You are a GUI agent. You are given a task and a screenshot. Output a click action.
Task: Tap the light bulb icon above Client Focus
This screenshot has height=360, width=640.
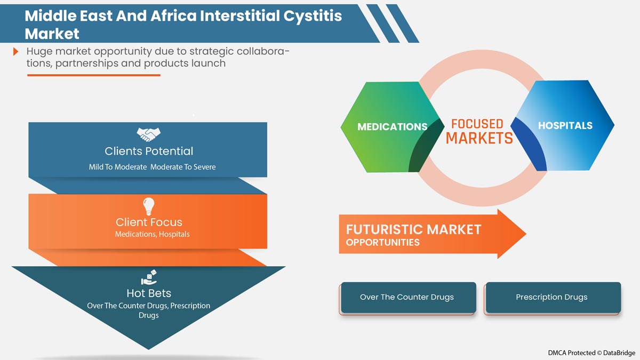[149, 205]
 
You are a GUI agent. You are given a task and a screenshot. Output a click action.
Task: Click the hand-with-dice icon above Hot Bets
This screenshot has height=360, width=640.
[148, 277]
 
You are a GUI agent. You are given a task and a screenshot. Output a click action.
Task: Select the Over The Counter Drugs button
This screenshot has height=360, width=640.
[407, 297]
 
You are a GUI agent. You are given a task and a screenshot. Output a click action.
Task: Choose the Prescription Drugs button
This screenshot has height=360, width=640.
[552, 297]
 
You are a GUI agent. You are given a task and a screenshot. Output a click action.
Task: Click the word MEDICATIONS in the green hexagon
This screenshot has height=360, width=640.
[392, 127]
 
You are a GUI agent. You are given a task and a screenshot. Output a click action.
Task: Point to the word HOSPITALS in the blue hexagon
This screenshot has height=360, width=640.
[565, 126]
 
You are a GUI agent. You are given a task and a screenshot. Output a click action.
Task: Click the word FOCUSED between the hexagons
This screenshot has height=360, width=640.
[477, 124]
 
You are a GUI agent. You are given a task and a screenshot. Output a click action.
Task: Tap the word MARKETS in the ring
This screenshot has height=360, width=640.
[479, 139]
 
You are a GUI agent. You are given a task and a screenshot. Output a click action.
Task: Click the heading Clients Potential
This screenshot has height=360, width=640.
[149, 151]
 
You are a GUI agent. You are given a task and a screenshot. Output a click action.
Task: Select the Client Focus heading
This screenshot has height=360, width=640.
[149, 222]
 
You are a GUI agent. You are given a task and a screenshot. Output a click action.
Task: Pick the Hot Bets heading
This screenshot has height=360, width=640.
[149, 293]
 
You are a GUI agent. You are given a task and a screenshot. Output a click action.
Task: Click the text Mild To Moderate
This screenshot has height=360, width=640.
[117, 167]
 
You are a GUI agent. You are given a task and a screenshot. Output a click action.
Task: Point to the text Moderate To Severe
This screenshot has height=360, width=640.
[183, 167]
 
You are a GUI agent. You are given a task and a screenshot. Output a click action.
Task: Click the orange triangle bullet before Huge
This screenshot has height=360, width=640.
[16, 52]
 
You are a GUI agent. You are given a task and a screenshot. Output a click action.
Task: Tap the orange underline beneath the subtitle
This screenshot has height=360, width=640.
[93, 75]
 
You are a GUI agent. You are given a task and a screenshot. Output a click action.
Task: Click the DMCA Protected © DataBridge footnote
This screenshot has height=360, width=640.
[591, 353]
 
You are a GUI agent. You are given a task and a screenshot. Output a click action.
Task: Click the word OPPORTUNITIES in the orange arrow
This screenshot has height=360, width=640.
[382, 243]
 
